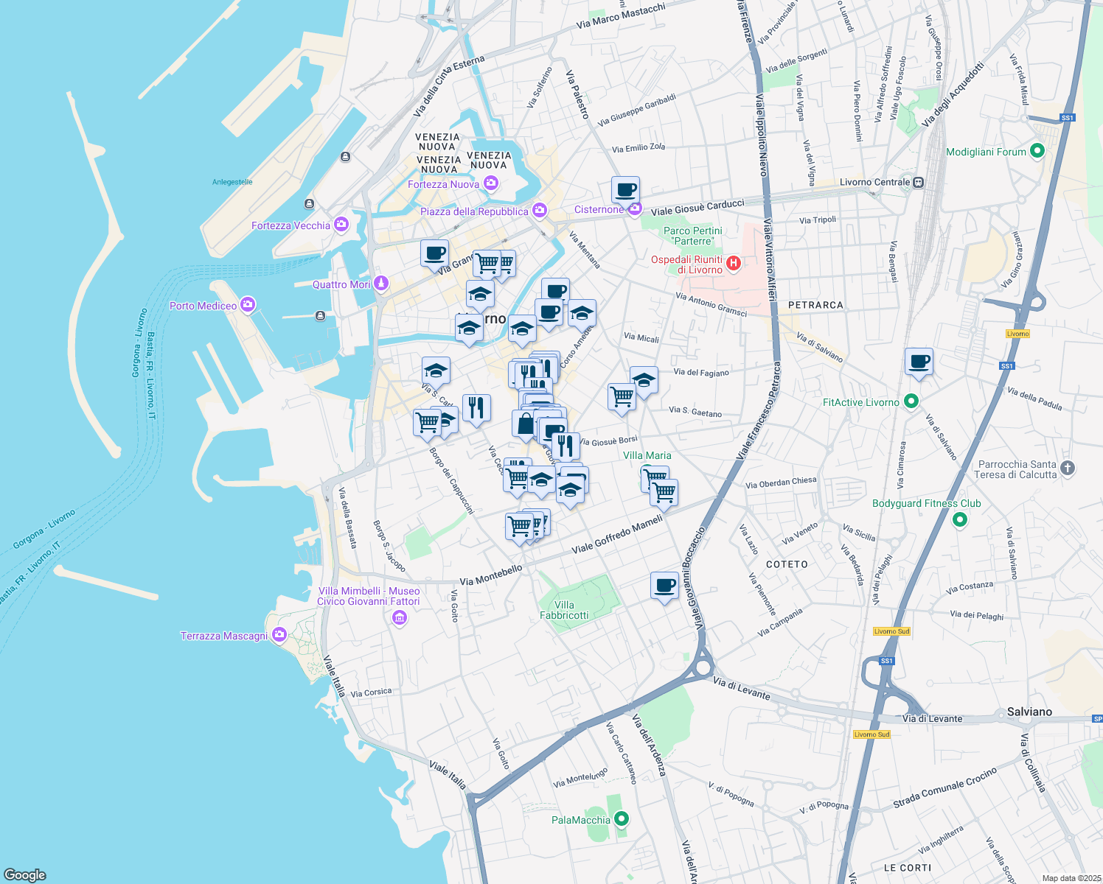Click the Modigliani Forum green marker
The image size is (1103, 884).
(1037, 152)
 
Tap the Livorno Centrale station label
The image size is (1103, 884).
(875, 182)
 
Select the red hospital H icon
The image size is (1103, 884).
(733, 262)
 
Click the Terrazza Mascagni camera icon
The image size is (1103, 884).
(279, 635)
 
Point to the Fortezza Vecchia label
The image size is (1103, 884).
(290, 225)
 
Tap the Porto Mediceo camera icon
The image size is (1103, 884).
(247, 304)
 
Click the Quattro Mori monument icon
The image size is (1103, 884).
(380, 283)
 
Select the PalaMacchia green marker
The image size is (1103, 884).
(622, 819)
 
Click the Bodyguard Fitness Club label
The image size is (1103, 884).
(926, 504)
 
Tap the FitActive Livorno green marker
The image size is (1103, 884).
(911, 401)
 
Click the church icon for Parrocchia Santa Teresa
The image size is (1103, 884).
(1067, 468)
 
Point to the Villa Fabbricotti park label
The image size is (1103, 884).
(564, 610)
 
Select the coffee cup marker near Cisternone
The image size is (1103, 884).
(625, 191)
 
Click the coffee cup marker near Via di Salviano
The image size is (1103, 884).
(919, 362)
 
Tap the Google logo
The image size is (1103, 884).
(25, 875)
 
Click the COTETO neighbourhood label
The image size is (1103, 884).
(787, 564)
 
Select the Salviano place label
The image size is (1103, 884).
(1029, 712)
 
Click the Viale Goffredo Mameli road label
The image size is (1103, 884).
(617, 534)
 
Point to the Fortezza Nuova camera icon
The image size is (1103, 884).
(491, 183)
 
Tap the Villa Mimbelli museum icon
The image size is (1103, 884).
(400, 617)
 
